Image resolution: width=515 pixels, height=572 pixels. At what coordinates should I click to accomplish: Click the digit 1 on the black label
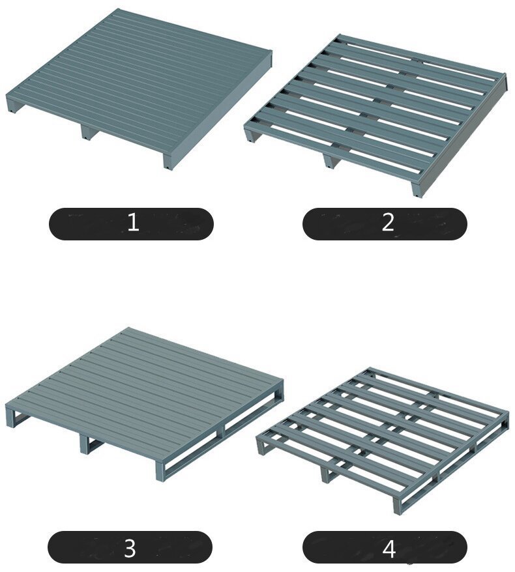(133, 222)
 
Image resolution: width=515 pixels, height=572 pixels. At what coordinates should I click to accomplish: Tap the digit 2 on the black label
(388, 222)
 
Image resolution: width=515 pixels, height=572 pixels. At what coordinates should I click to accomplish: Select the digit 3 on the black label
(130, 548)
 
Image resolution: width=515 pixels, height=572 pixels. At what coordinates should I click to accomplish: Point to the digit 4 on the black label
(389, 549)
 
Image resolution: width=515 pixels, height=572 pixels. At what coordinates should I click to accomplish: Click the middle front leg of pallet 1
(87, 133)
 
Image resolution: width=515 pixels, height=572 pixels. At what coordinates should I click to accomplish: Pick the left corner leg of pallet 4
(261, 447)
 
